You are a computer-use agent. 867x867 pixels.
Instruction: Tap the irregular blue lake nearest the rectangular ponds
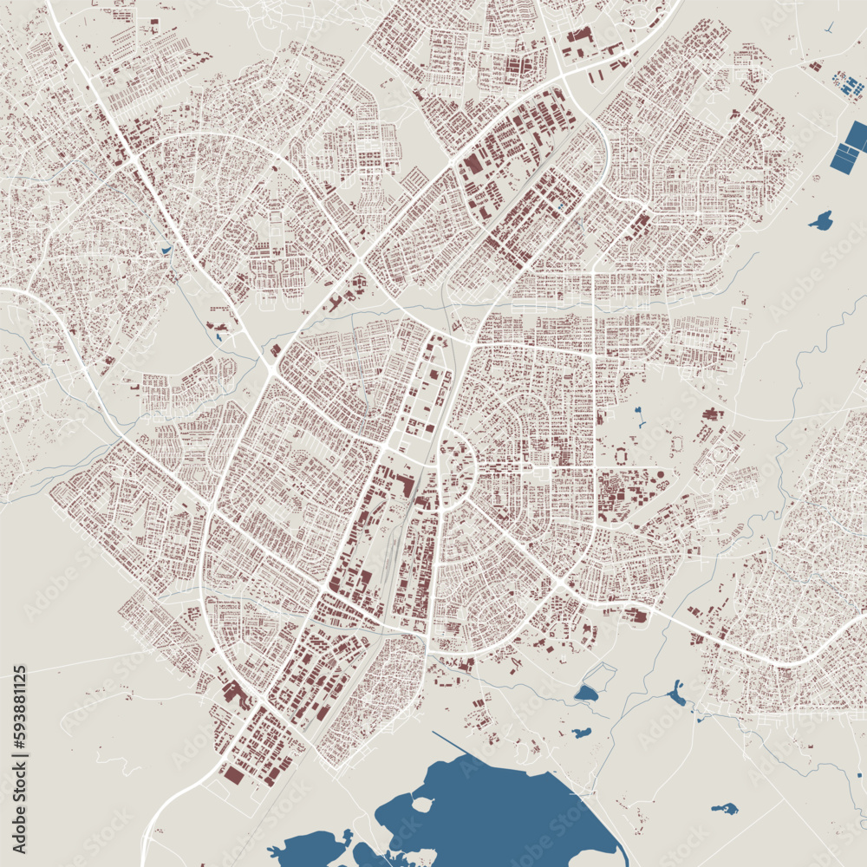pyautogui.click(x=820, y=220)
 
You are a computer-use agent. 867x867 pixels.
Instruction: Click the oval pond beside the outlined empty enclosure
pyautogui.click(x=586, y=693)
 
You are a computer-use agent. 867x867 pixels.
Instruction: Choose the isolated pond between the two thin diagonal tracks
pyautogui.click(x=724, y=809)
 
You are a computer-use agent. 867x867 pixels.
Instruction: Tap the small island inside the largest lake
pyautogui.click(x=422, y=804)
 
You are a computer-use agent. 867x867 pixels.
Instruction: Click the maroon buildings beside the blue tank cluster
pyautogui.click(x=816, y=65)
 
